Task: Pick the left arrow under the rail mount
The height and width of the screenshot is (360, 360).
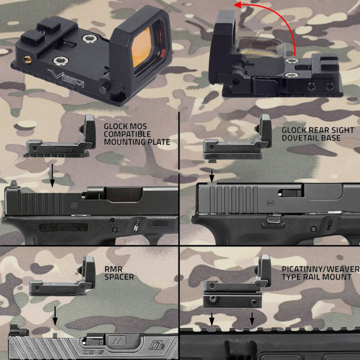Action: (212, 318)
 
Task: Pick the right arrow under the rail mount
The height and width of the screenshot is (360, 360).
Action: (252, 318)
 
